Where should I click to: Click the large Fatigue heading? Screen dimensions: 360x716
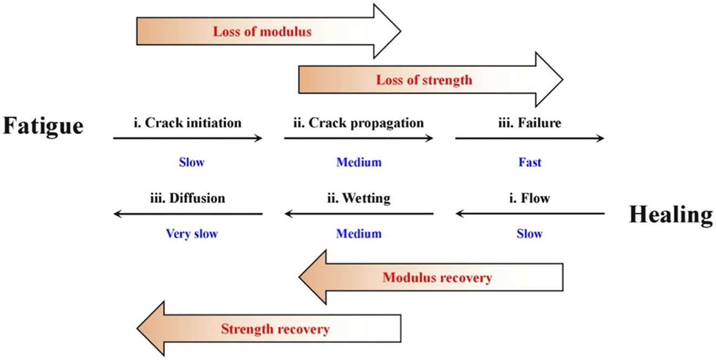pyautogui.click(x=43, y=126)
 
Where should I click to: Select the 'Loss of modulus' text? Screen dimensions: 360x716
pyautogui.click(x=262, y=31)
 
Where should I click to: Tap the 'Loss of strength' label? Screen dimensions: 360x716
pyautogui.click(x=424, y=80)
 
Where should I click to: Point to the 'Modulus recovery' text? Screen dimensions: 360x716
pyautogui.click(x=437, y=278)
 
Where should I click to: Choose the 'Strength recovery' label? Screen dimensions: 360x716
pyautogui.click(x=275, y=329)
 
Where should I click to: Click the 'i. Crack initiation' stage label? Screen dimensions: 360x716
pyautogui.click(x=187, y=123)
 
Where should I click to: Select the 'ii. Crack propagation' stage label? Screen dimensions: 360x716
pyautogui.click(x=359, y=123)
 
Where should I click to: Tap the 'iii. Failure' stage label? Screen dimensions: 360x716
pyautogui.click(x=529, y=123)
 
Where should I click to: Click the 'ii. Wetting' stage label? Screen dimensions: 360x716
pyautogui.click(x=359, y=198)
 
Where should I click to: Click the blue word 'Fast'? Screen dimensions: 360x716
pyautogui.click(x=530, y=162)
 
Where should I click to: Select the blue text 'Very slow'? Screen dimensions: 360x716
pyautogui.click(x=192, y=234)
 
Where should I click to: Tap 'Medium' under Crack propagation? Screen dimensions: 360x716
pyautogui.click(x=359, y=162)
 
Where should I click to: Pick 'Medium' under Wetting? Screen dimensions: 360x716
pyautogui.click(x=359, y=234)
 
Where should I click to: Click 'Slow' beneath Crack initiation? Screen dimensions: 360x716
pyautogui.click(x=192, y=162)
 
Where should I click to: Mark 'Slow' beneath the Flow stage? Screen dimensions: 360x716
pyautogui.click(x=530, y=234)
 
